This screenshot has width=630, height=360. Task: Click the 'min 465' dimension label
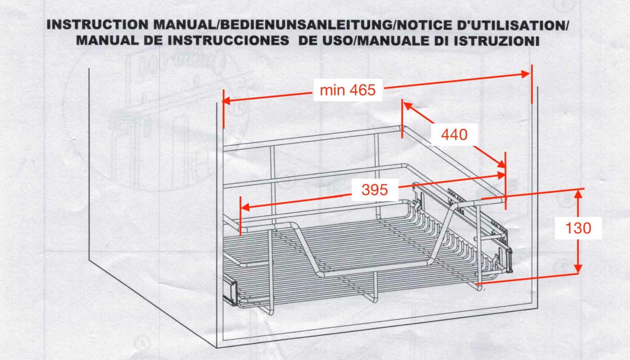coord(347,90)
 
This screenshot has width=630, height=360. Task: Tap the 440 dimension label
coord(454,135)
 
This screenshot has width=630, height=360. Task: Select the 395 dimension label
coord(375,190)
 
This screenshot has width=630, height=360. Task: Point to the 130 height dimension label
coord(578,228)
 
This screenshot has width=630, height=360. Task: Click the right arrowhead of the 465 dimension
coord(525,74)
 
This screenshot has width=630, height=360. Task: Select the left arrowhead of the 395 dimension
coord(245,207)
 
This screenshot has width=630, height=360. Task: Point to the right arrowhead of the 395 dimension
coord(501,175)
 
